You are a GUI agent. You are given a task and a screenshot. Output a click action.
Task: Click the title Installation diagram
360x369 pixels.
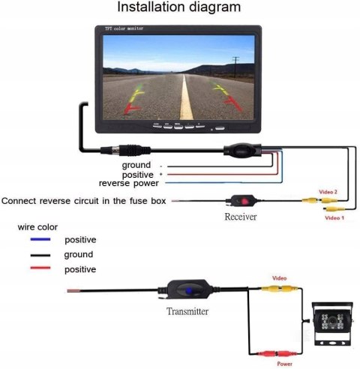[x=178, y=8]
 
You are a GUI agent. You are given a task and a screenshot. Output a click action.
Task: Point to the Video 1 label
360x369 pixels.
[x=334, y=217]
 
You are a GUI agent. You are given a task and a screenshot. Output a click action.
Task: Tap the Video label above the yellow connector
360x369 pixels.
[x=280, y=276]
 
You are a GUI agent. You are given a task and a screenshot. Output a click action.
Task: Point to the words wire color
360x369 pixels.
[x=37, y=226]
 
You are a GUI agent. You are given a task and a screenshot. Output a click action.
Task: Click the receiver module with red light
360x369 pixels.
[x=241, y=200]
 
